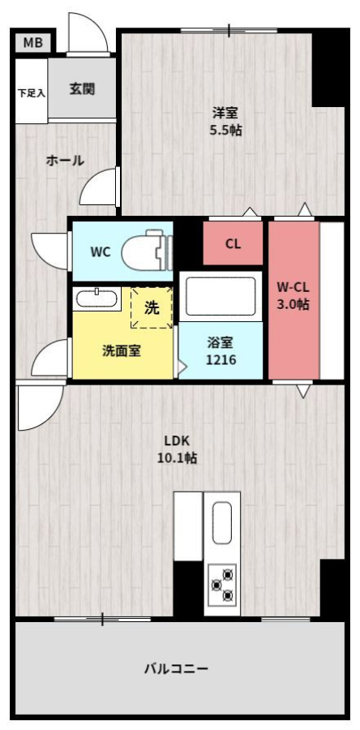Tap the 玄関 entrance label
pyautogui.click(x=83, y=88)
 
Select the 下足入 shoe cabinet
pyautogui.click(x=32, y=91)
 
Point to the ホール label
pyautogui.click(x=65, y=161)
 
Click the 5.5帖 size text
pyautogui.click(x=225, y=131)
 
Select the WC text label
pyautogui.click(x=101, y=252)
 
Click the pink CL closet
pyautogui.click(x=233, y=243)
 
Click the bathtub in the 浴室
pyautogui.click(x=221, y=297)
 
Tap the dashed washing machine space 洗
pyautogui.click(x=151, y=307)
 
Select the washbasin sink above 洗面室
pyautogui.click(x=96, y=298)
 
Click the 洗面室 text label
pyautogui.click(x=122, y=351)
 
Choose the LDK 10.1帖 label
pyautogui.click(x=177, y=449)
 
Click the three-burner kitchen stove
pyautogui.click(x=222, y=584)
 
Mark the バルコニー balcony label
pyautogui.click(x=176, y=669)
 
